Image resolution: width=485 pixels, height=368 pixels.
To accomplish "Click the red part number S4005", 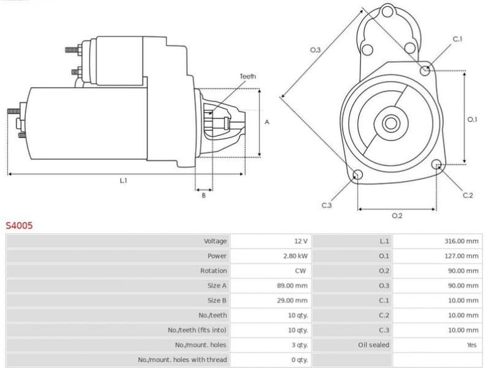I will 19,225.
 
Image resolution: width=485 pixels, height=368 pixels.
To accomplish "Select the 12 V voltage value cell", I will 300,241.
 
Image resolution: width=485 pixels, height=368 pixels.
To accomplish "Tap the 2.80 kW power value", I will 296,256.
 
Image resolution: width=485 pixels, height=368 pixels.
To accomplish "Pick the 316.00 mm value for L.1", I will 461,241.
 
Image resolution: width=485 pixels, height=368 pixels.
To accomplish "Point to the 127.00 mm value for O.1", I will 461,256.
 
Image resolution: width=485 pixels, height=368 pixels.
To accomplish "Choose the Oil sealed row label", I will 374,345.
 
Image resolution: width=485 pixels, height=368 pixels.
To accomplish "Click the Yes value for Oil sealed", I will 471,345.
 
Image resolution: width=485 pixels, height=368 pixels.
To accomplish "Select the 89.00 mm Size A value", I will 292,285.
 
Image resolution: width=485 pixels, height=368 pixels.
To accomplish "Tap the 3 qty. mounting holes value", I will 299,345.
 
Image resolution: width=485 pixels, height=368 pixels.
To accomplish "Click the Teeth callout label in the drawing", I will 247,77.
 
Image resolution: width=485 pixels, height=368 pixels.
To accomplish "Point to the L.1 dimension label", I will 123,180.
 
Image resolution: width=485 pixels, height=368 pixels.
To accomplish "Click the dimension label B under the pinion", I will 204,196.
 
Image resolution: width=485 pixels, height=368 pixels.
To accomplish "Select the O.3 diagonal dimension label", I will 316,50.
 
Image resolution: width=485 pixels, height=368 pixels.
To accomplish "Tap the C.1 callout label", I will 457,39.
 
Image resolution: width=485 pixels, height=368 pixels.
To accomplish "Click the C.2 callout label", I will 467,195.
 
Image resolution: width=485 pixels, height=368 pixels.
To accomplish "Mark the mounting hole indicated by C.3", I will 357,177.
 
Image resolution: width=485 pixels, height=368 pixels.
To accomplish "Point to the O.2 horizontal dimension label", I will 397,215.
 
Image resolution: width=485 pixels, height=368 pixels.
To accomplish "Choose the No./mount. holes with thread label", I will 182,359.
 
